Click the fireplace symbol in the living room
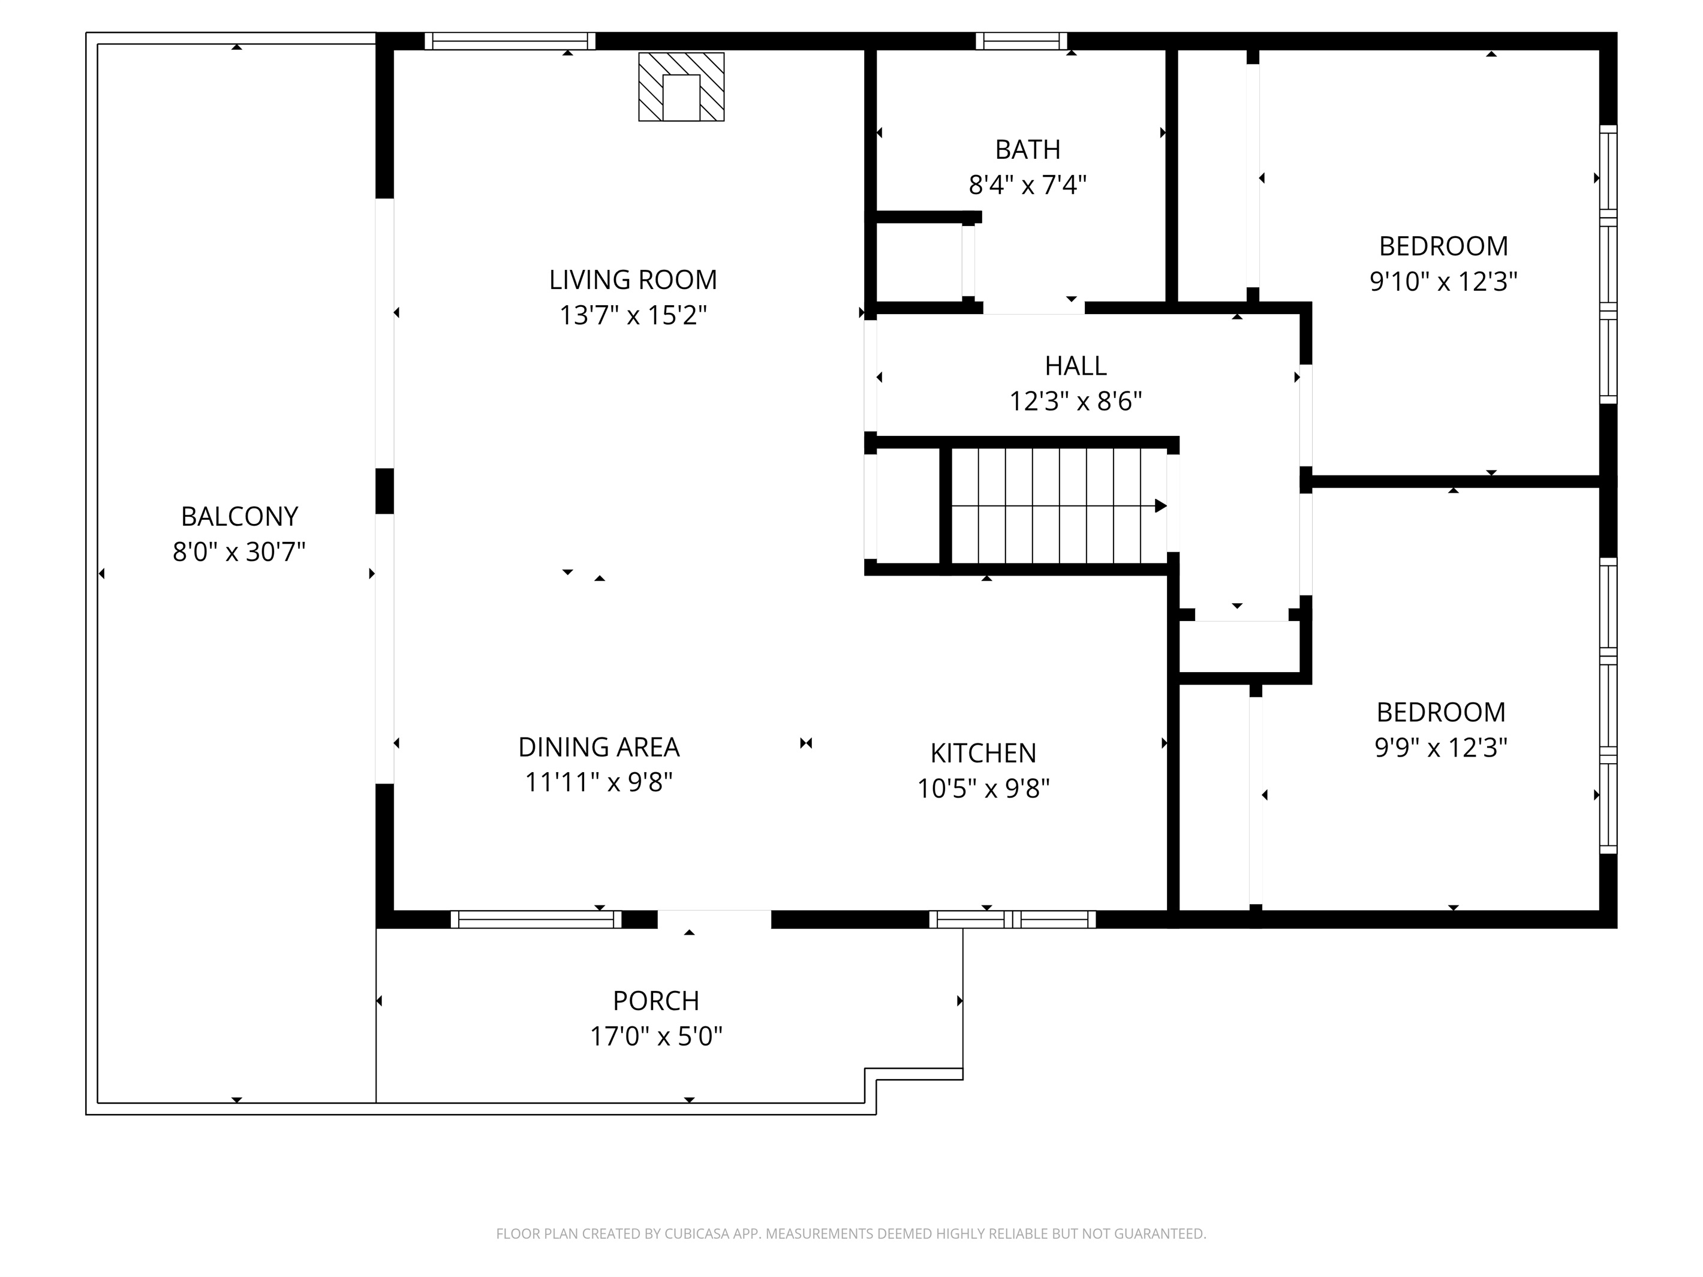pyautogui.click(x=681, y=87)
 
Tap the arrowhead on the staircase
pyautogui.click(x=1160, y=506)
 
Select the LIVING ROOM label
pyautogui.click(x=633, y=279)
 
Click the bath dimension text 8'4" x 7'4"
pyautogui.click(x=1027, y=185)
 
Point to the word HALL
pyautogui.click(x=1076, y=366)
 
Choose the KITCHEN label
pyautogui.click(x=983, y=753)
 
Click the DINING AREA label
pyautogui.click(x=598, y=746)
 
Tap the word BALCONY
pyautogui.click(x=239, y=516)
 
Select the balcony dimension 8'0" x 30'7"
pyautogui.click(x=239, y=552)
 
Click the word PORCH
pyautogui.click(x=656, y=1001)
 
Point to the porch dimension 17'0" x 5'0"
pyautogui.click(x=656, y=1037)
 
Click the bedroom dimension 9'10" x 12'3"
pyautogui.click(x=1443, y=282)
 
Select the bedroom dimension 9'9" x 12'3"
pyautogui.click(x=1440, y=748)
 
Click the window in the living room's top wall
pyautogui.click(x=510, y=41)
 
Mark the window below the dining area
pyautogui.click(x=536, y=919)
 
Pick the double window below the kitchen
pyautogui.click(x=1012, y=919)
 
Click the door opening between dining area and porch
pyautogui.click(x=714, y=919)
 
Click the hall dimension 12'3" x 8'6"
pyautogui.click(x=1076, y=402)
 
